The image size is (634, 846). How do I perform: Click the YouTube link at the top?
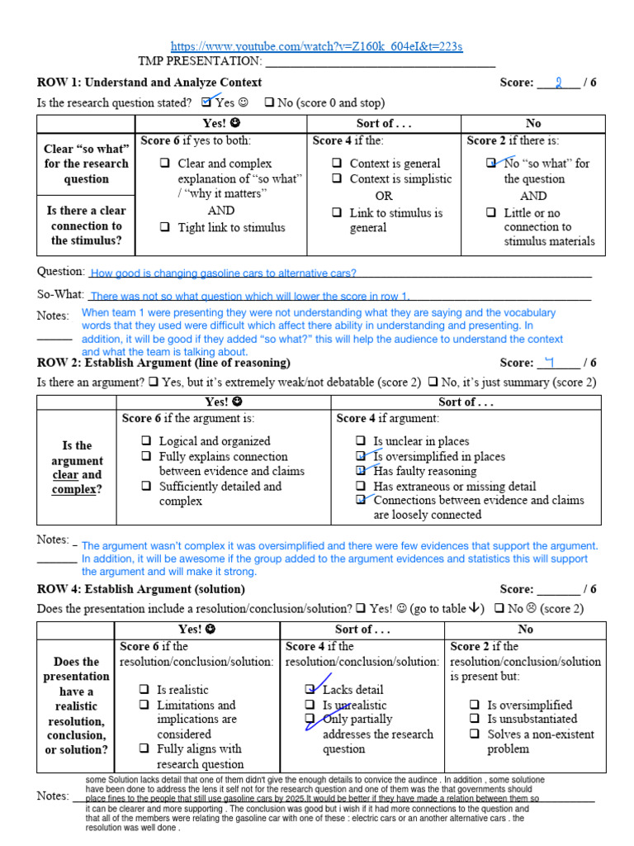click(x=317, y=47)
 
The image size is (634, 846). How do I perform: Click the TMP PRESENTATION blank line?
click(x=380, y=62)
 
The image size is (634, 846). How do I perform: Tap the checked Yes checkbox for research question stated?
click(x=206, y=102)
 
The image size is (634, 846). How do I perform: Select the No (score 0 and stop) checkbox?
click(x=269, y=103)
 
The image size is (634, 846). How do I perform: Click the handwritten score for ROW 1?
click(x=559, y=83)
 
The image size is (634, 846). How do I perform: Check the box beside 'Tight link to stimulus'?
click(x=165, y=227)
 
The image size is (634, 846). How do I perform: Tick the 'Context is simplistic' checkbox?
click(x=338, y=178)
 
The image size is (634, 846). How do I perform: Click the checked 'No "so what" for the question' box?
click(x=492, y=164)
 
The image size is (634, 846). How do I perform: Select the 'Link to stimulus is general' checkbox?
click(x=338, y=212)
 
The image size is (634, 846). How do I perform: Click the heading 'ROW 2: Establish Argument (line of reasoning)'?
click(x=163, y=363)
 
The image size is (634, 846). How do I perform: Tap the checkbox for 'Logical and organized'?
click(x=146, y=441)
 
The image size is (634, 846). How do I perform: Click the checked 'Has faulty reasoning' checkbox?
click(x=361, y=471)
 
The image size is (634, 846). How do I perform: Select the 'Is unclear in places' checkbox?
click(x=361, y=441)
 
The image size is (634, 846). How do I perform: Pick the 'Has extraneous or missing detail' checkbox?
click(x=361, y=487)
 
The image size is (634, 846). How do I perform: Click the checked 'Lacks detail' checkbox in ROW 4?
click(x=310, y=689)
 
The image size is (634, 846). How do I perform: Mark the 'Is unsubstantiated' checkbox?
click(x=475, y=720)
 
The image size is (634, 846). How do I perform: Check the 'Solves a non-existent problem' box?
click(x=475, y=734)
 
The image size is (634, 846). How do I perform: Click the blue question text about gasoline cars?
click(x=223, y=273)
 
